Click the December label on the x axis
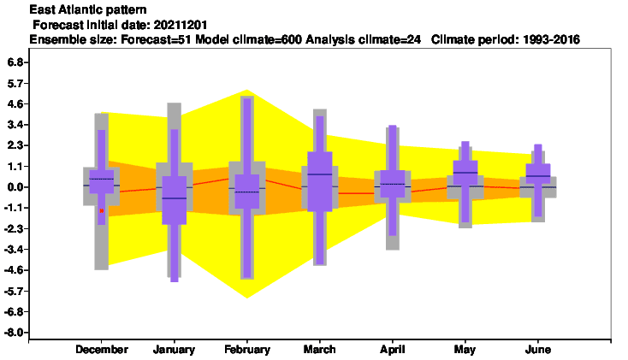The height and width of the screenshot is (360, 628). (x=102, y=350)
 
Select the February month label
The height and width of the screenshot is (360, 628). (x=247, y=350)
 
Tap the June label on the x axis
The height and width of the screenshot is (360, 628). (x=538, y=350)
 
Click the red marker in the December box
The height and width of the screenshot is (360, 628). (x=102, y=210)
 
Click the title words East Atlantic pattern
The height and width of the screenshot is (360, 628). (x=88, y=9)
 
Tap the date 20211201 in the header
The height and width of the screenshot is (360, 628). (x=181, y=25)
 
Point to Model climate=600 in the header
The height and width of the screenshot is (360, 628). (x=248, y=39)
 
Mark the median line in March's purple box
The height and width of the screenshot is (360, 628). (x=320, y=174)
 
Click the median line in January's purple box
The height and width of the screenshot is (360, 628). (x=175, y=198)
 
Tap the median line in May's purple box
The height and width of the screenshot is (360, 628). (x=465, y=173)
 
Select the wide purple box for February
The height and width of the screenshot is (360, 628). (x=247, y=192)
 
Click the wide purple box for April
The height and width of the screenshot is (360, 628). (x=393, y=184)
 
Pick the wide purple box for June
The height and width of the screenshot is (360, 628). (x=538, y=174)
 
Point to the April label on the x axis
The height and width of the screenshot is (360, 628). (x=393, y=350)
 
